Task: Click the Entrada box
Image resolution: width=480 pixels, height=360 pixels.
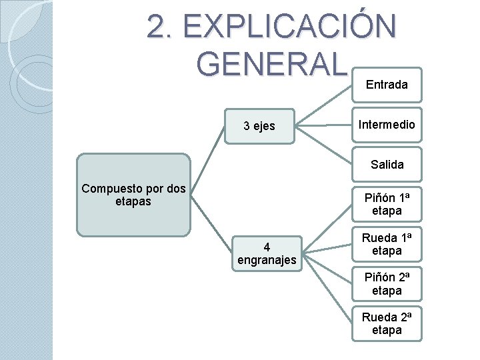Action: (x=387, y=85)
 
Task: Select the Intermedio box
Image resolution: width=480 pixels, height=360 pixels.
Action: (x=387, y=125)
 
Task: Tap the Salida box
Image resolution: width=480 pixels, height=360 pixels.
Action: (x=387, y=164)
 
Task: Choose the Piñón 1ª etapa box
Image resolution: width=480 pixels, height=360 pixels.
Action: (x=387, y=204)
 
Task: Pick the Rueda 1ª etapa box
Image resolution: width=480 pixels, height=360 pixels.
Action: (x=387, y=244)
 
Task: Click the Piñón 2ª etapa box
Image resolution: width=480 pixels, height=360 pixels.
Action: (x=387, y=284)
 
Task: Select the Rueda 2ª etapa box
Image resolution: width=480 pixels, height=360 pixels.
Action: (x=387, y=323)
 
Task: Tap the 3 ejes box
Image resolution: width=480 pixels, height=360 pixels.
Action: (x=259, y=125)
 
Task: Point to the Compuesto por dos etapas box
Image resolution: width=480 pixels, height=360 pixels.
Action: (x=133, y=195)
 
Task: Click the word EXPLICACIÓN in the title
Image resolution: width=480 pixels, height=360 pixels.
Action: (x=289, y=27)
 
